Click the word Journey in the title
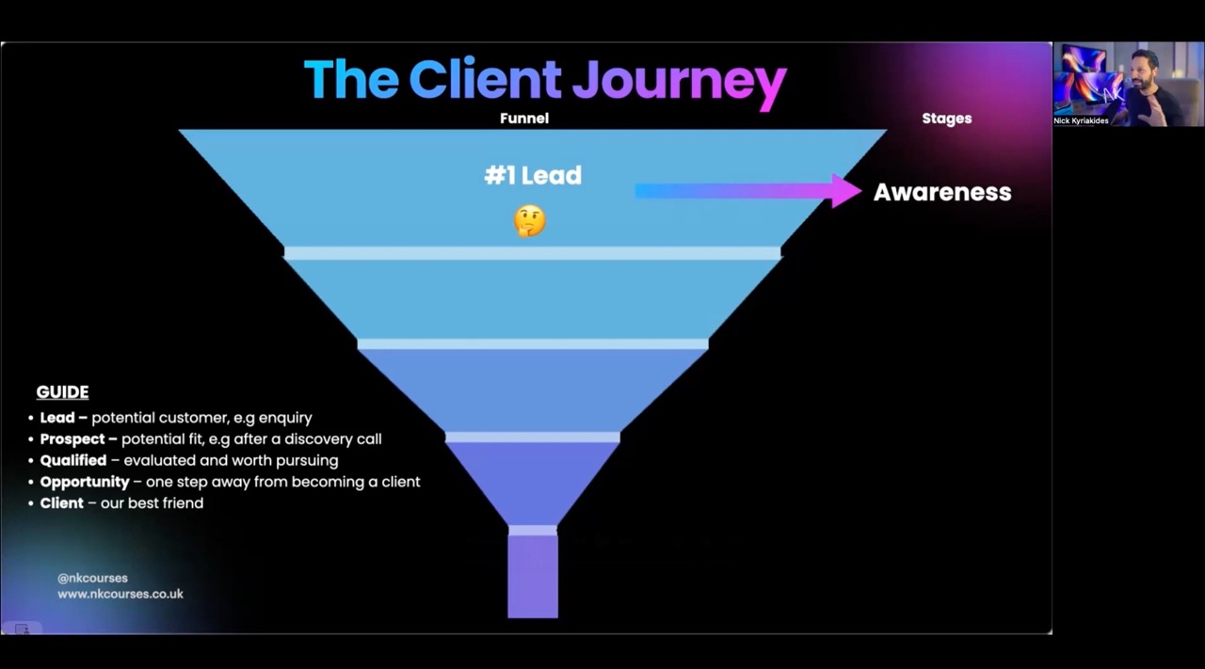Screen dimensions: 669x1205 679,81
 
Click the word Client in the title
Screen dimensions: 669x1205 485,79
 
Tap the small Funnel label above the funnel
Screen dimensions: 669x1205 524,119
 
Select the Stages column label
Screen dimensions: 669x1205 946,119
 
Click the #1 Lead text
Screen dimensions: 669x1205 533,176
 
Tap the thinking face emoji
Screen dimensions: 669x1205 529,221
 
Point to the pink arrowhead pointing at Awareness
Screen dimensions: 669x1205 844,191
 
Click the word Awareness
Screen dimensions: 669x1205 942,193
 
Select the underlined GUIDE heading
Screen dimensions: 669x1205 62,392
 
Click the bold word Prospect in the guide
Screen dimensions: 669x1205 73,439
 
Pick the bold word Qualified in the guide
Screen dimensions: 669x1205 73,461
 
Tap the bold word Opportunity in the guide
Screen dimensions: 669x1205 85,482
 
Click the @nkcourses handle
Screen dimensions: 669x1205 92,578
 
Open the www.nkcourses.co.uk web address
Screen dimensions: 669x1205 120,594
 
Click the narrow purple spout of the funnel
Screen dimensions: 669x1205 533,576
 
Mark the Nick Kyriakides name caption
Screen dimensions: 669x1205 1081,120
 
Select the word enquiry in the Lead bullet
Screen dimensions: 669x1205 284,418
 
